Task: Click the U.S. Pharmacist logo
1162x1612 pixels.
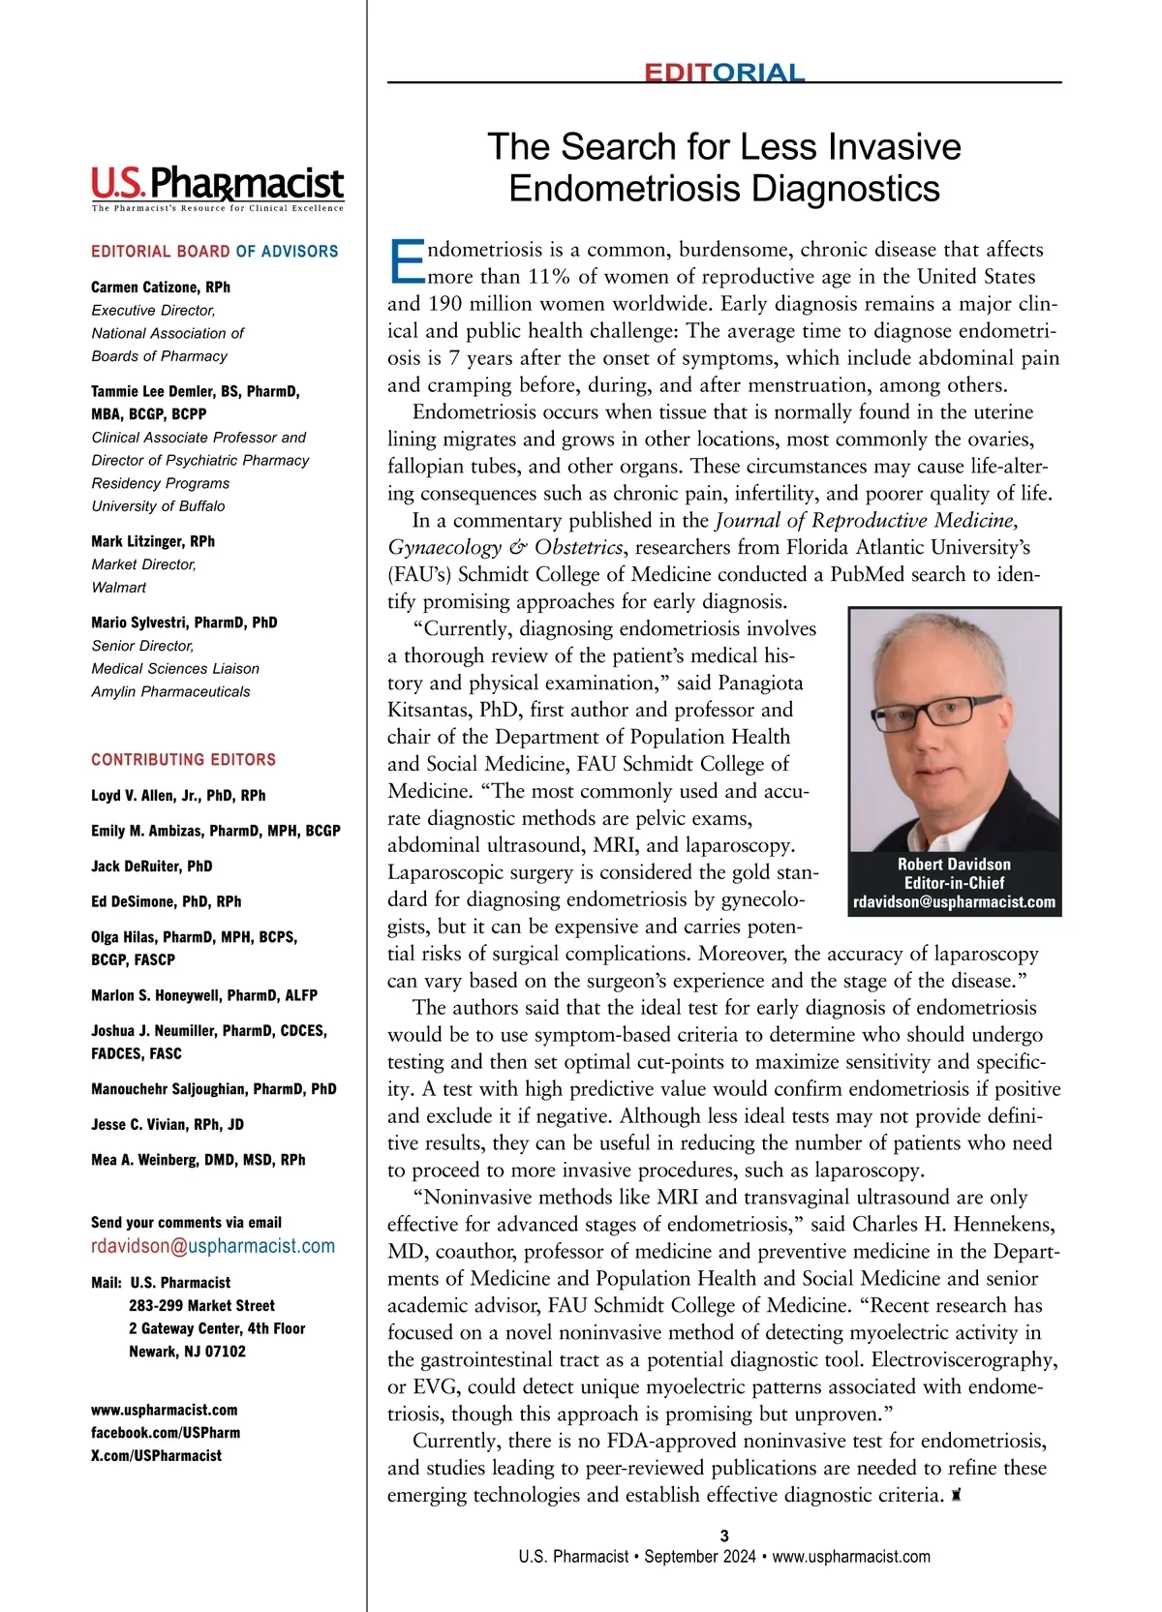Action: click(x=217, y=185)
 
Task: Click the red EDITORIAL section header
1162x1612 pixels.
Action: click(x=724, y=73)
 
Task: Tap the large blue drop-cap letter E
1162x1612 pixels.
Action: click(x=406, y=261)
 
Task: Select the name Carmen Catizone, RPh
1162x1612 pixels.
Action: click(x=161, y=287)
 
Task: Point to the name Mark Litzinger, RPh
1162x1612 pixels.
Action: click(x=153, y=541)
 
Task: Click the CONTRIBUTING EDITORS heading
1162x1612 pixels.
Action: click(x=183, y=759)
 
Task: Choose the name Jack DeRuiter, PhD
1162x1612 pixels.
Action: click(x=152, y=866)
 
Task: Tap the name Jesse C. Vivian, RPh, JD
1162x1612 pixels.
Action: click(x=168, y=1124)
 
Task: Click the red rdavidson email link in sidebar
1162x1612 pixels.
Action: click(x=213, y=1246)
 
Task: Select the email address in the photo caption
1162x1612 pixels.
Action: click(x=954, y=901)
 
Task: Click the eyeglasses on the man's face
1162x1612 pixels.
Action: click(x=935, y=713)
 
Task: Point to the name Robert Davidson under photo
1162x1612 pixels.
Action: click(x=954, y=864)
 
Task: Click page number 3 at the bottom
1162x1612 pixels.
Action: click(x=724, y=1536)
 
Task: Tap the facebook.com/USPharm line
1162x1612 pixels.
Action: click(x=166, y=1432)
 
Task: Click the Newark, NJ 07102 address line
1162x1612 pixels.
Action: click(x=187, y=1351)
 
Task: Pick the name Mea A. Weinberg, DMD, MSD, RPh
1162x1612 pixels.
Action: click(x=199, y=1159)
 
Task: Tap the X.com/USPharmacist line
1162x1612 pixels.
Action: click(x=156, y=1455)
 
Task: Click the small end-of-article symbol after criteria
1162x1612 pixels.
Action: click(x=956, y=1496)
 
